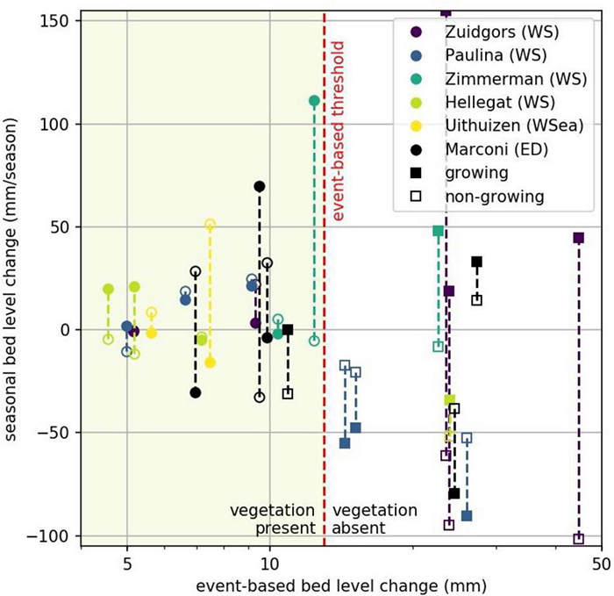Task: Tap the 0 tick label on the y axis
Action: coord(64,329)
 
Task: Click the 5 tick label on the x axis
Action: coord(126,561)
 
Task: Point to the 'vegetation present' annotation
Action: coord(272,520)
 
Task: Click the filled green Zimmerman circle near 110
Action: coord(314,101)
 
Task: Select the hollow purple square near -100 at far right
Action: coord(578,539)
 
